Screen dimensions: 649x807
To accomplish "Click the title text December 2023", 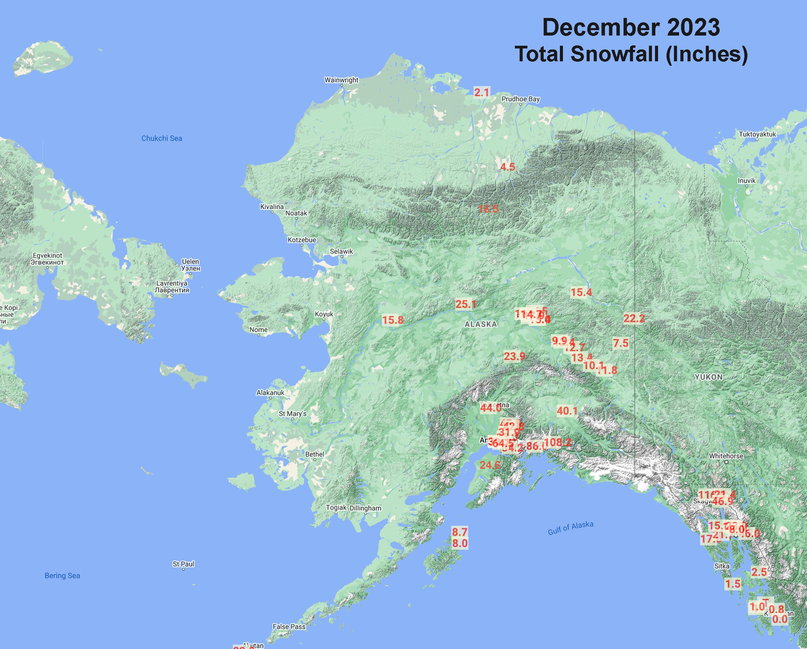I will [631, 28].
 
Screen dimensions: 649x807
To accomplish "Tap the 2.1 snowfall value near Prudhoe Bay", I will [481, 92].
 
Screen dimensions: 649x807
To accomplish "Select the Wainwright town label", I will [341, 80].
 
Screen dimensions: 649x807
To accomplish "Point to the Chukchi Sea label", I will [162, 138].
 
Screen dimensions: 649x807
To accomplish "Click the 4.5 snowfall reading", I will [507, 167].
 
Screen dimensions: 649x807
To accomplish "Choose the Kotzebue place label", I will [302, 240].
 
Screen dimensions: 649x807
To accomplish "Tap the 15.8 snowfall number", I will [393, 320].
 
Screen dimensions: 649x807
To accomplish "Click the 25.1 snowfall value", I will [466, 304].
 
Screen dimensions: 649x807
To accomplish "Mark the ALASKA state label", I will [481, 324].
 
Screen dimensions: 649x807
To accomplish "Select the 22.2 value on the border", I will [634, 318].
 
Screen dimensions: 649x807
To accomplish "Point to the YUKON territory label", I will [708, 377].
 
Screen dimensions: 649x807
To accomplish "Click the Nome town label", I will [259, 330].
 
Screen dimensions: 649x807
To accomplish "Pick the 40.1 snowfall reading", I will [567, 411].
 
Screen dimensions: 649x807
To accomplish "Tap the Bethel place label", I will [314, 454].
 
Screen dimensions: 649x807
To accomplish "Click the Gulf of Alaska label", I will [570, 528].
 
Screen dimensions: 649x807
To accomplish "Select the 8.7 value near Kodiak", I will [460, 532].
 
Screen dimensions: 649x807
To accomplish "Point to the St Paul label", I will [183, 564].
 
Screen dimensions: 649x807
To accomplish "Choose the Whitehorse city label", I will [726, 456].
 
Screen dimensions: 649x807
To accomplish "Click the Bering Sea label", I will [62, 575].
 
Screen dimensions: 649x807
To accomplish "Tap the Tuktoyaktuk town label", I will [757, 134].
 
